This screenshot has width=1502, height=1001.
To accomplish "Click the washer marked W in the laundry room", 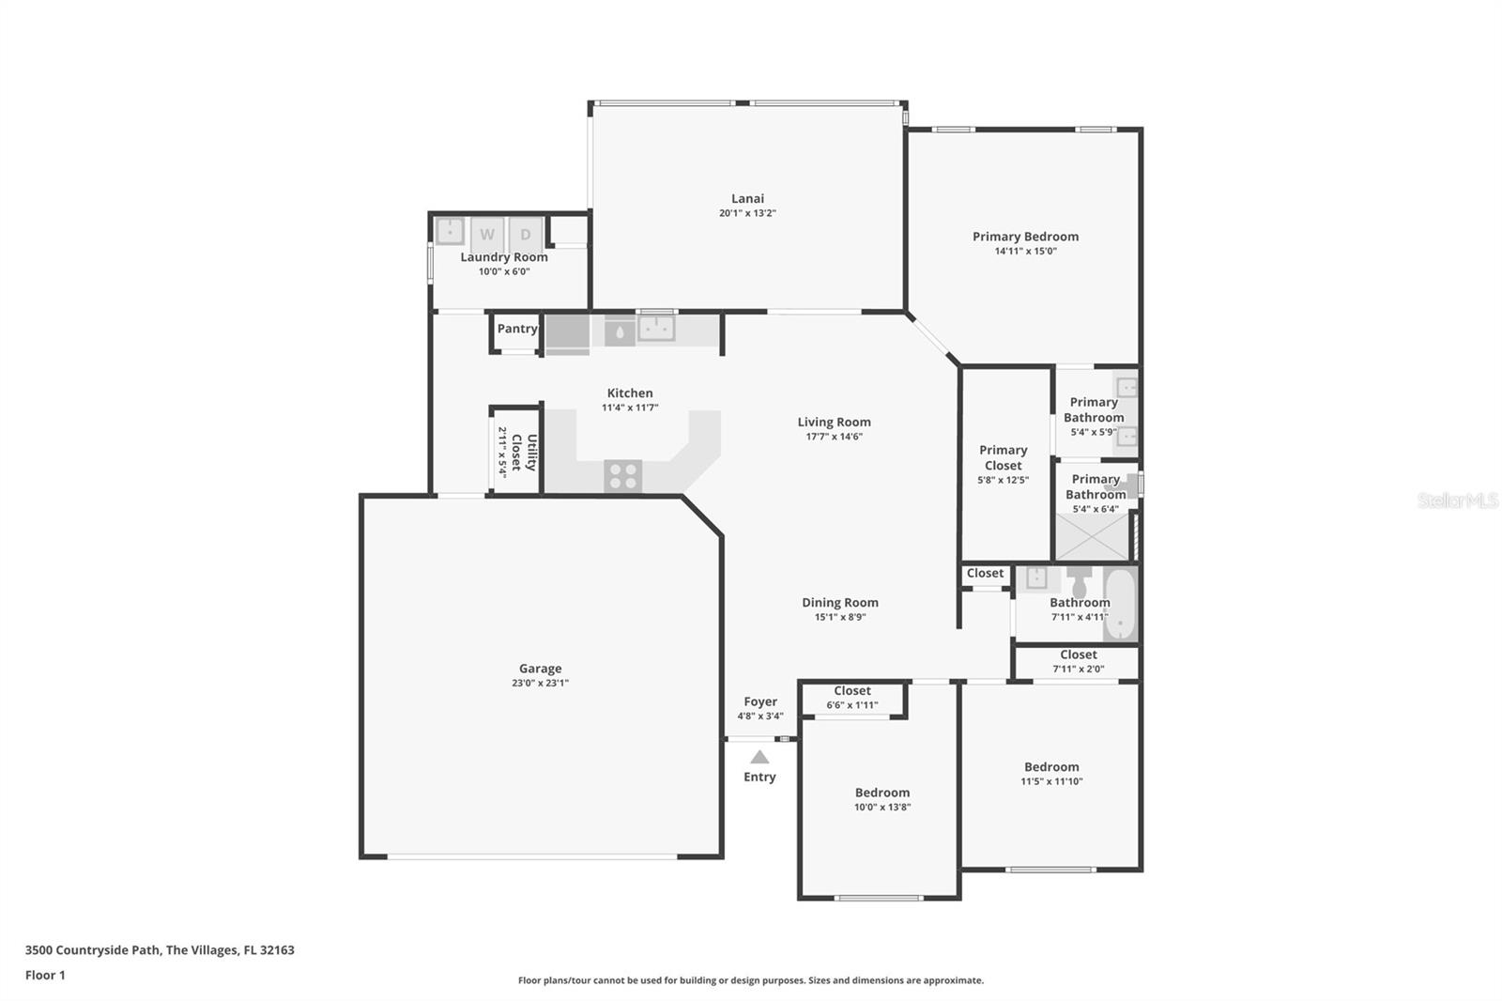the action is point(487,234).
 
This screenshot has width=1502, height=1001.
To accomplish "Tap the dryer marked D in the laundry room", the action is point(526,234).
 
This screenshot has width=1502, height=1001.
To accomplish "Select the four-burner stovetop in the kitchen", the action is point(623,476).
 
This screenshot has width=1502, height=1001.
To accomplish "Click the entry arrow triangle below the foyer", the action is point(759,757).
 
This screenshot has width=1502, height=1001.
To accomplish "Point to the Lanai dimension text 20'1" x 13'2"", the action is point(747,213).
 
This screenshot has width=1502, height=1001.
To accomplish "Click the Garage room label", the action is point(541,669).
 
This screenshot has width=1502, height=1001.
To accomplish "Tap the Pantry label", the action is point(517,329).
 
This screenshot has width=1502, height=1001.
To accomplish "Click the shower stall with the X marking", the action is point(1093,537).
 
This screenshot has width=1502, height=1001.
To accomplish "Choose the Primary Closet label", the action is point(1004,457).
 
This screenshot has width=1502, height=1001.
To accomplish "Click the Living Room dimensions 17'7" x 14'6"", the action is point(835,437).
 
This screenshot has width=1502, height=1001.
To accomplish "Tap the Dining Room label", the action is point(840,603).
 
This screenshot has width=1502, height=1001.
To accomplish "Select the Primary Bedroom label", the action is point(1026,236).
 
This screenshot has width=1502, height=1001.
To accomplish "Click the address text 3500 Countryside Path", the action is point(93,950).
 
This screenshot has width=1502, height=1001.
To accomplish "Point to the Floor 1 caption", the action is point(45,975).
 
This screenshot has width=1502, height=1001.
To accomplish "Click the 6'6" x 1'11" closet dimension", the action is point(852,705).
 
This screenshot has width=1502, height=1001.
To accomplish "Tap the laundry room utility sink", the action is point(450,231).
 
